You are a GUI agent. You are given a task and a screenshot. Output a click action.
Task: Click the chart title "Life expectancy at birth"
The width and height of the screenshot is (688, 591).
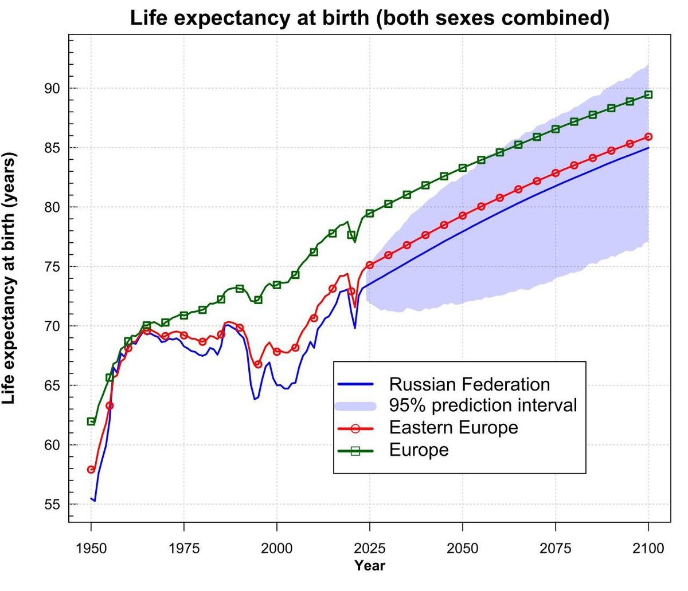pos(369,18)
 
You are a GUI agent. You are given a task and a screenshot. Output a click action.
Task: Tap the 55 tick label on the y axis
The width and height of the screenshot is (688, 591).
pos(52,505)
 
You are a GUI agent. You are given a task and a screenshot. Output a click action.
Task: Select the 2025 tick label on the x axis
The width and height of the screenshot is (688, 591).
pos(370,548)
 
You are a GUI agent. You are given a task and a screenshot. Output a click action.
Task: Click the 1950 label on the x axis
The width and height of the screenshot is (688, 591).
pos(91,548)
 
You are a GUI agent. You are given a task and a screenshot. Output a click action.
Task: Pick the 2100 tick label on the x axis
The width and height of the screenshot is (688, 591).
pos(648,548)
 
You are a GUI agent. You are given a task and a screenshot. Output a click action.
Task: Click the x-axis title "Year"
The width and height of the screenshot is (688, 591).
pos(370,566)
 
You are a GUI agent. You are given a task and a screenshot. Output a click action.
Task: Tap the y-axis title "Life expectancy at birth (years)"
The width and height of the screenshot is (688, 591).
pos(10,278)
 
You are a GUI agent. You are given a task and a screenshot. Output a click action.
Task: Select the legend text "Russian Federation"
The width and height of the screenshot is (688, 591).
pos(469,384)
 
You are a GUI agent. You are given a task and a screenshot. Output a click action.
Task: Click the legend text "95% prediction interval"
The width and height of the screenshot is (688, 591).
pos(483,405)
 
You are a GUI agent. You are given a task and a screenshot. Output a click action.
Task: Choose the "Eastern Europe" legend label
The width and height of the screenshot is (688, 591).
pos(453,428)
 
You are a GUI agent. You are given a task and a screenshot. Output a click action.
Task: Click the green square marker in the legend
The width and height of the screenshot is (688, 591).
pos(355,451)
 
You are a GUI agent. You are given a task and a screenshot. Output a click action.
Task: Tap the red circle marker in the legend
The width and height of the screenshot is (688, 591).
pos(355,428)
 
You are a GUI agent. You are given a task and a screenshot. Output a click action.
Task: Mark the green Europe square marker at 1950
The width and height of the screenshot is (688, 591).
pos(91,421)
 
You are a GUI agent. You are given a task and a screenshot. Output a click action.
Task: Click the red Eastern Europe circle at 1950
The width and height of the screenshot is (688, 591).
pos(91,470)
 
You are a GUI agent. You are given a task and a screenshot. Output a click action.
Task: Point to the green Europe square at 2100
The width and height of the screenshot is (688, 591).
pos(648,94)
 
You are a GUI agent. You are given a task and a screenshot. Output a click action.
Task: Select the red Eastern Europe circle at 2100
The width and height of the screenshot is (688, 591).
pos(648,137)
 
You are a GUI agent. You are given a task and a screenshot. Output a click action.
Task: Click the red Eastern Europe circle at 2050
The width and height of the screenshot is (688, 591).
pos(463,216)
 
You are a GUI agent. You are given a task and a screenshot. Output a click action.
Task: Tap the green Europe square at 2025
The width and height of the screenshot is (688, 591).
pos(370,213)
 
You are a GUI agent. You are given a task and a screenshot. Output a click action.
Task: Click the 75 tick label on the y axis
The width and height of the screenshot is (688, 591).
pos(52,267)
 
